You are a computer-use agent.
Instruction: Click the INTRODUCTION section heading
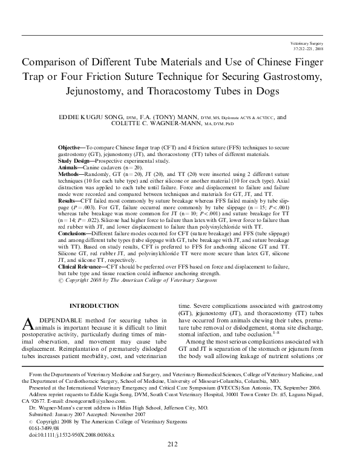click(94, 306)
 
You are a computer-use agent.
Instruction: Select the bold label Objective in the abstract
click(71, 148)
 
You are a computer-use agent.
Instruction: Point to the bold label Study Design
click(77, 161)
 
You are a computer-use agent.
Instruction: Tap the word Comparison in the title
click(56, 63)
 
